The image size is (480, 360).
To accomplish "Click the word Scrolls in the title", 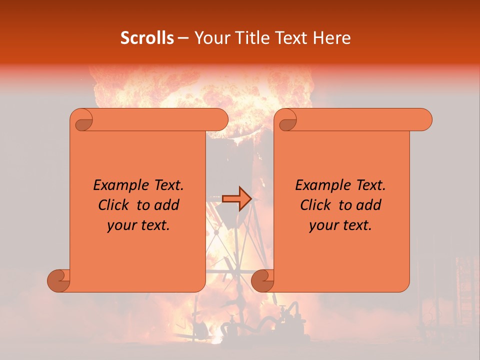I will pyautogui.click(x=147, y=38).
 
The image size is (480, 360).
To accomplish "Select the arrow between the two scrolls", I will pyautogui.click(x=236, y=199).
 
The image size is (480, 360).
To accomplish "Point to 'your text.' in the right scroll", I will pyautogui.click(x=340, y=225).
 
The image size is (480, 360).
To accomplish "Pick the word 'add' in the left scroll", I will pyautogui.click(x=167, y=205).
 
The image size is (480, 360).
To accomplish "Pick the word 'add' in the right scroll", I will pyautogui.click(x=369, y=205).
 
